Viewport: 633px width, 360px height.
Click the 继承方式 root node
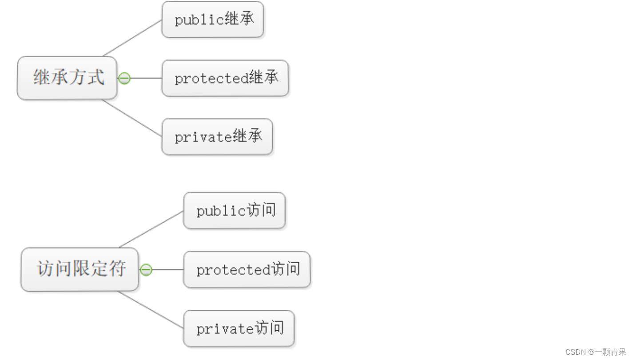(x=67, y=78)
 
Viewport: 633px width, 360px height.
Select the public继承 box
(x=213, y=20)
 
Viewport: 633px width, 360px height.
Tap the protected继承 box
(x=225, y=78)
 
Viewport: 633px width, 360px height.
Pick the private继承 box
(x=217, y=137)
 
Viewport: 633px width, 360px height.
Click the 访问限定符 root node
(x=80, y=269)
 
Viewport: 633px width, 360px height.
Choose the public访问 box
(x=235, y=211)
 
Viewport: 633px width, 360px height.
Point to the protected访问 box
(x=247, y=270)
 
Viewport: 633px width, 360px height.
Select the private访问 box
(x=239, y=329)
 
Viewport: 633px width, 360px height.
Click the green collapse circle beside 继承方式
(x=124, y=79)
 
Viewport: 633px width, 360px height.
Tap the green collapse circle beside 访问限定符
(x=146, y=270)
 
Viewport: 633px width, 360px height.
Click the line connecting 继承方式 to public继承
(x=132, y=38)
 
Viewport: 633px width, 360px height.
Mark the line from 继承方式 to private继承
(x=132, y=118)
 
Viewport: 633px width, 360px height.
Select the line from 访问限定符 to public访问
(x=151, y=229)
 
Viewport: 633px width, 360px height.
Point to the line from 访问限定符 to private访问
(x=151, y=310)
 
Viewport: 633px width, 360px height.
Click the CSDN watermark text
(x=595, y=352)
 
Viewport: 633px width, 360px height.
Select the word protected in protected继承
(x=211, y=79)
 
